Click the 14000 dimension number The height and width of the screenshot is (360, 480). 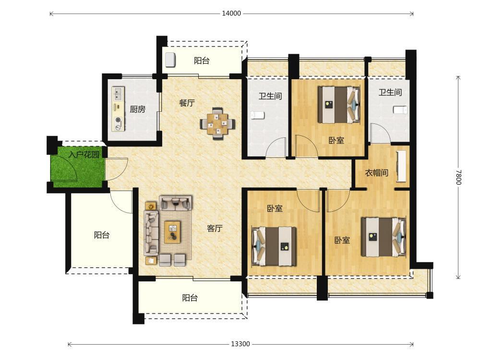pyautogui.click(x=231, y=13)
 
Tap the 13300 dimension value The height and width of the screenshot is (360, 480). pyautogui.click(x=240, y=344)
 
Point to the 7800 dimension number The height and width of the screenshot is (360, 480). pyautogui.click(x=458, y=177)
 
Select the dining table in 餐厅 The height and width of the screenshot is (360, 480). pyautogui.click(x=217, y=124)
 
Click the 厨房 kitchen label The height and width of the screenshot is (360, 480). pyautogui.click(x=137, y=109)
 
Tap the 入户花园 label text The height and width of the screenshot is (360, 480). pyautogui.click(x=84, y=155)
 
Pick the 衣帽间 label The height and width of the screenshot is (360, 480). pyautogui.click(x=376, y=173)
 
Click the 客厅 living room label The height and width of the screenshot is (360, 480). pyautogui.click(x=215, y=228)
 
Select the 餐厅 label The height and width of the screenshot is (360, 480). pyautogui.click(x=187, y=103)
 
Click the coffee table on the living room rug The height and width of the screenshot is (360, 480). pyautogui.click(x=173, y=232)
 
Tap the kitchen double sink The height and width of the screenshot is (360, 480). pyautogui.click(x=118, y=94)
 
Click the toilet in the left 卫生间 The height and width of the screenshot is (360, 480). pyautogui.click(x=257, y=115)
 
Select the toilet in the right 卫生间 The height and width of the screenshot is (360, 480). pyautogui.click(x=400, y=110)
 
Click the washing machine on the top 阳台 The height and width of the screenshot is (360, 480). pyautogui.click(x=170, y=60)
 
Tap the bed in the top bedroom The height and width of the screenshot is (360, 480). pyautogui.click(x=339, y=105)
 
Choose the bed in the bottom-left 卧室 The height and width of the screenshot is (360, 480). pyautogui.click(x=274, y=246)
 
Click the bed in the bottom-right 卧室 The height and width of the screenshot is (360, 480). pyautogui.click(x=384, y=237)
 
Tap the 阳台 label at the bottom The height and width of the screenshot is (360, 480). pyautogui.click(x=190, y=298)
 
